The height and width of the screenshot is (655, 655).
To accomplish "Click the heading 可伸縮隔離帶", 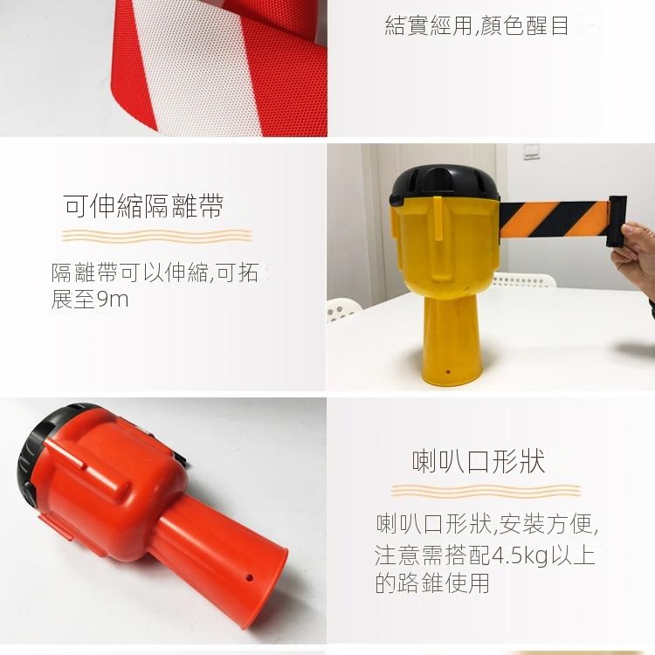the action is click(x=144, y=206).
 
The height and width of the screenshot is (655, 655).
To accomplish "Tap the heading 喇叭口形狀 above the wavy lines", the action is click(x=479, y=462).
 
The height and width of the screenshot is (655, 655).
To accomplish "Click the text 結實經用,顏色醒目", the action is click(x=477, y=25).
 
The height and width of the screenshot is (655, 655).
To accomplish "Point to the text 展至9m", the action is click(x=90, y=300).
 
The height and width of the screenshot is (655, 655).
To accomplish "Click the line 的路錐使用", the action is click(x=432, y=583).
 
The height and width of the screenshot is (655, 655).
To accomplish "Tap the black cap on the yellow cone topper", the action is click(x=445, y=186).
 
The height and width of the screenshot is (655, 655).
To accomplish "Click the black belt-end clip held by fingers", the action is click(x=617, y=221).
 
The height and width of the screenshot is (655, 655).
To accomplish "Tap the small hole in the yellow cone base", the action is click(x=448, y=371).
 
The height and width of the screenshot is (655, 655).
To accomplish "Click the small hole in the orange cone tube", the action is click(x=250, y=578).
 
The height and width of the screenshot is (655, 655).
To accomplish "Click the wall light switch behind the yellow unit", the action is click(x=531, y=152).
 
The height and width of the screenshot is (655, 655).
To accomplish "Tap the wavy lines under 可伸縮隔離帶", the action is click(x=156, y=236).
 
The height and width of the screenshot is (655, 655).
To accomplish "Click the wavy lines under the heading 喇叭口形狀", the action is click(x=486, y=491).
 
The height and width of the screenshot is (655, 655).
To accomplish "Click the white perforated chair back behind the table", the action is click(x=524, y=279).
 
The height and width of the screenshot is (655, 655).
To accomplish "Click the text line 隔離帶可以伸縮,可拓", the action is click(x=155, y=272).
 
